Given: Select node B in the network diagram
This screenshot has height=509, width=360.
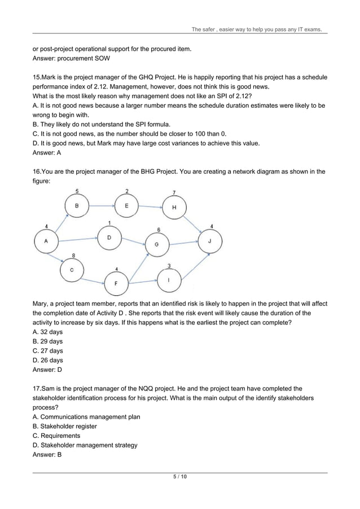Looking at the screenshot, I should click(77, 206).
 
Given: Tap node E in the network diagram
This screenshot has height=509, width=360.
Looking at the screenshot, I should click(126, 206).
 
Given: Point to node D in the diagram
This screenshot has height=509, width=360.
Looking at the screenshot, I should click(109, 238).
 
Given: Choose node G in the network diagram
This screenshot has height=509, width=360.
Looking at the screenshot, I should click(156, 244).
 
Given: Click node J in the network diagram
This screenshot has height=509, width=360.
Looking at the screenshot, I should click(210, 242).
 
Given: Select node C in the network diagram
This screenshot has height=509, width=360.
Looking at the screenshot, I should click(72, 270).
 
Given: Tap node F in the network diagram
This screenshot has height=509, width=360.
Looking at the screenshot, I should click(116, 283).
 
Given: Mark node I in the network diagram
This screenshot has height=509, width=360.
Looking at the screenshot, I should click(169, 279).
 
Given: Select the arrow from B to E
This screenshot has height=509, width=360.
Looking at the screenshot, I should click(102, 206).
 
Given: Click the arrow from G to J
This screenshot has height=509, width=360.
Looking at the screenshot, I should click(183, 243).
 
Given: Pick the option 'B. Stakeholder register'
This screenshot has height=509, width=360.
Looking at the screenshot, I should click(65, 426).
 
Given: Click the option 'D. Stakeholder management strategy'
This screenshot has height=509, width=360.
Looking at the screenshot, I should click(85, 445).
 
